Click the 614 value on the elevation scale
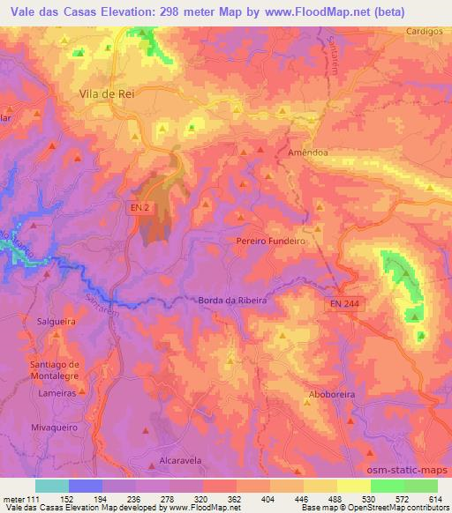tap(436, 499)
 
